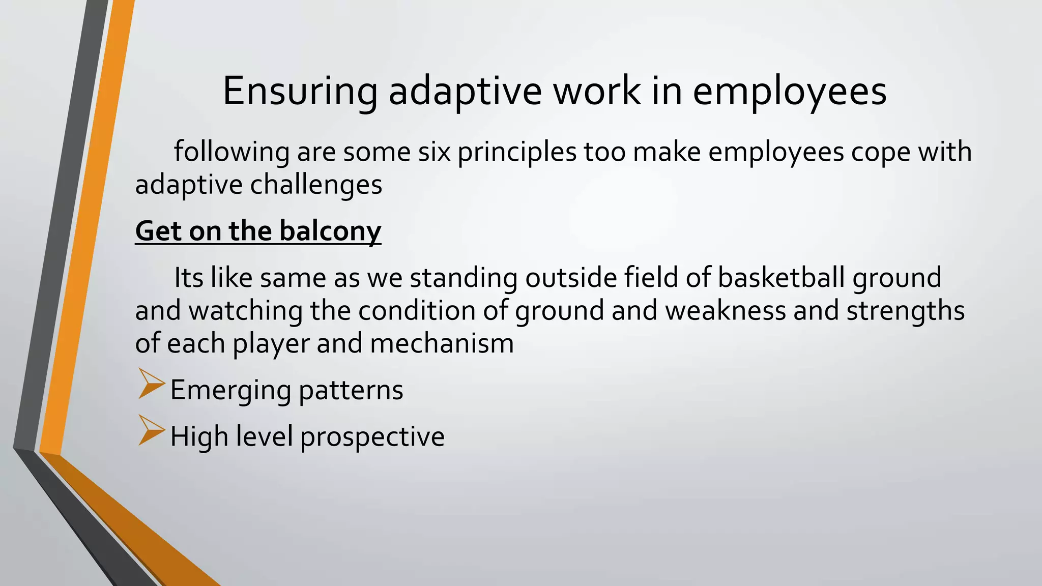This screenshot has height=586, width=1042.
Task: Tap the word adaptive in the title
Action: coord(465,92)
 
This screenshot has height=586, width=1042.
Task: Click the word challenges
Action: coord(316,185)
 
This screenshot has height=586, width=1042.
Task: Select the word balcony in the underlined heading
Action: coord(330,231)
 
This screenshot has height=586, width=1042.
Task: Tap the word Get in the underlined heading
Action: coord(158,231)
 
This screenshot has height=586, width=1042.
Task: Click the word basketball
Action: coord(781,278)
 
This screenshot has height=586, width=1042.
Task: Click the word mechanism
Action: coord(442,343)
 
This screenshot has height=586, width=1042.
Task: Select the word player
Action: coord(271,344)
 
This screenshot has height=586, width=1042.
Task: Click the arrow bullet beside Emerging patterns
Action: coord(152,384)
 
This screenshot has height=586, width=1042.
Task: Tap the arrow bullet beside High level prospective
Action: coord(152,431)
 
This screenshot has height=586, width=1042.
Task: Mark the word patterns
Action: coord(351,391)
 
